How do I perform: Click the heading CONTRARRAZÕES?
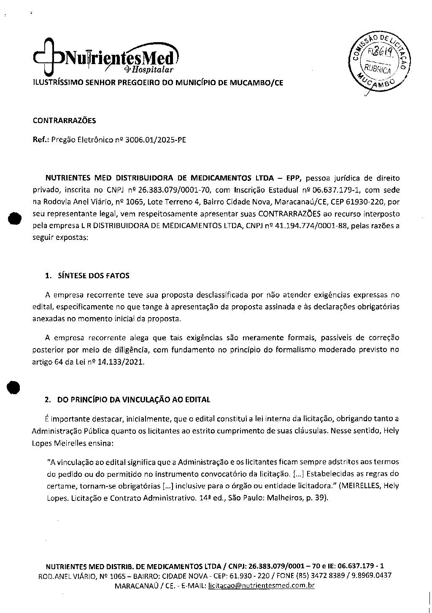click(x=65, y=121)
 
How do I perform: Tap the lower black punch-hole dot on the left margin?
click(x=13, y=387)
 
